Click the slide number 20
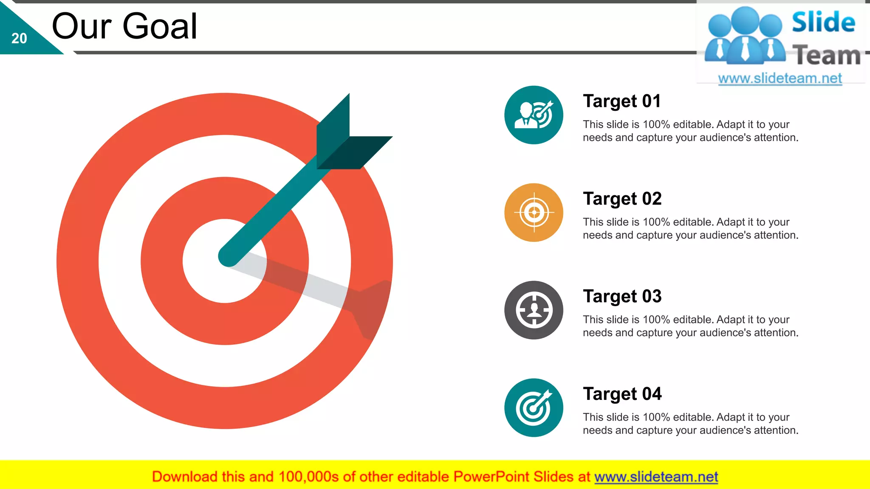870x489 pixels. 19,39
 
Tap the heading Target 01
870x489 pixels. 621,101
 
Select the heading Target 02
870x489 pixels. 622,199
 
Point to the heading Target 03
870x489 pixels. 622,297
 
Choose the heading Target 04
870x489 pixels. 622,394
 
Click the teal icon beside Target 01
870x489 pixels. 534,115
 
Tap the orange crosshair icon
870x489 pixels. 534,213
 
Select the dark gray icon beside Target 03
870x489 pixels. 534,310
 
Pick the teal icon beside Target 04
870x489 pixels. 534,408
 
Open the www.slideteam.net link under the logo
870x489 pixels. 780,79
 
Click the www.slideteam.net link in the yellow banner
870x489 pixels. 656,477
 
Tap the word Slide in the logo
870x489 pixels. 823,22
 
